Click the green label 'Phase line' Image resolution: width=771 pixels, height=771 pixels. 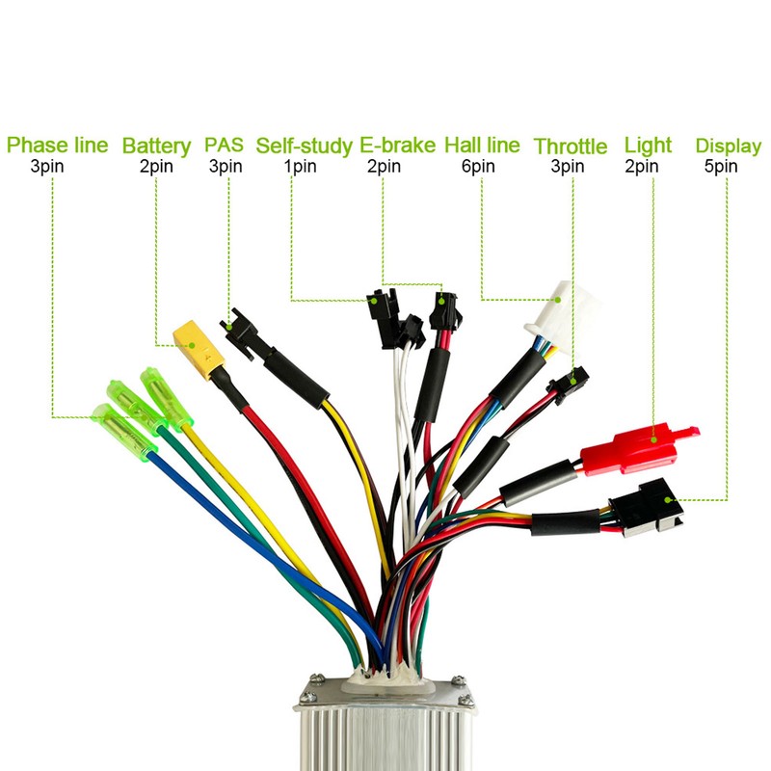pos(58,146)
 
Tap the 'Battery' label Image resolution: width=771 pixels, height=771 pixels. pos(156,146)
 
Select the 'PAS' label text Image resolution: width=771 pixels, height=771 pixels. pos(225,146)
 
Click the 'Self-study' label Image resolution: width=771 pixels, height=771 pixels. pos(304,146)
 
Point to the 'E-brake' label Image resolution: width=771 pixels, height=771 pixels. pos(398,146)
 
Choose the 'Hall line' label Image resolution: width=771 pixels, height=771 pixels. pos(482,146)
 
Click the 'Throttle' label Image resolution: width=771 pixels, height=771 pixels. pos(571,146)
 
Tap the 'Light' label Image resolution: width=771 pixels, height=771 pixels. pos(648,146)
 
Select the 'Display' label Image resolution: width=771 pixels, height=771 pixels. pos(729,146)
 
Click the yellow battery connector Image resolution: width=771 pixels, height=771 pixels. pos(197,347)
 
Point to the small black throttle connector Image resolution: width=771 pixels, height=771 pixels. pos(570,383)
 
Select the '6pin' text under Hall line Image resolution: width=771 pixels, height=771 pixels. pos(478,166)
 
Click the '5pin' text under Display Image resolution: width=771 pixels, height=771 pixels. pos(721,166)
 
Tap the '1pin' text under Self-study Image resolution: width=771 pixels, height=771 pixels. pos(300,166)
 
